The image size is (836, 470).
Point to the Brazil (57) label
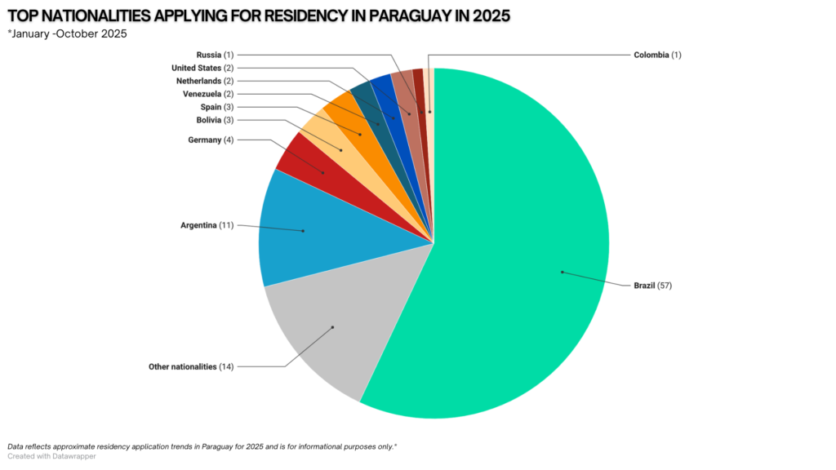652,286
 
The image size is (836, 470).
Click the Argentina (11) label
207,224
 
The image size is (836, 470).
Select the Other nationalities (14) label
191,366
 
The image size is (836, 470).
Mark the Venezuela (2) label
208,94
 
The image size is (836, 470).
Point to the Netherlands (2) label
205,81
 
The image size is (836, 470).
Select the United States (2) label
202,68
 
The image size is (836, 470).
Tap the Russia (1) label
216,55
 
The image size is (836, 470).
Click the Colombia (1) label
657,55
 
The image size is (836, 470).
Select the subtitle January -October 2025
69,33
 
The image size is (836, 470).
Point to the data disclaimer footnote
202,446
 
